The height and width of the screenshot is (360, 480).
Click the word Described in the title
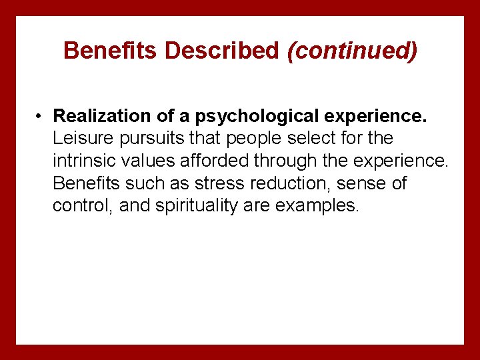coord(223,51)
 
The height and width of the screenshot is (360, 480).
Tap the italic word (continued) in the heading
coord(351,51)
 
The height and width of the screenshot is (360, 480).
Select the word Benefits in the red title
coord(113,51)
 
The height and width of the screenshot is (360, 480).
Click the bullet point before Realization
coord(41,116)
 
